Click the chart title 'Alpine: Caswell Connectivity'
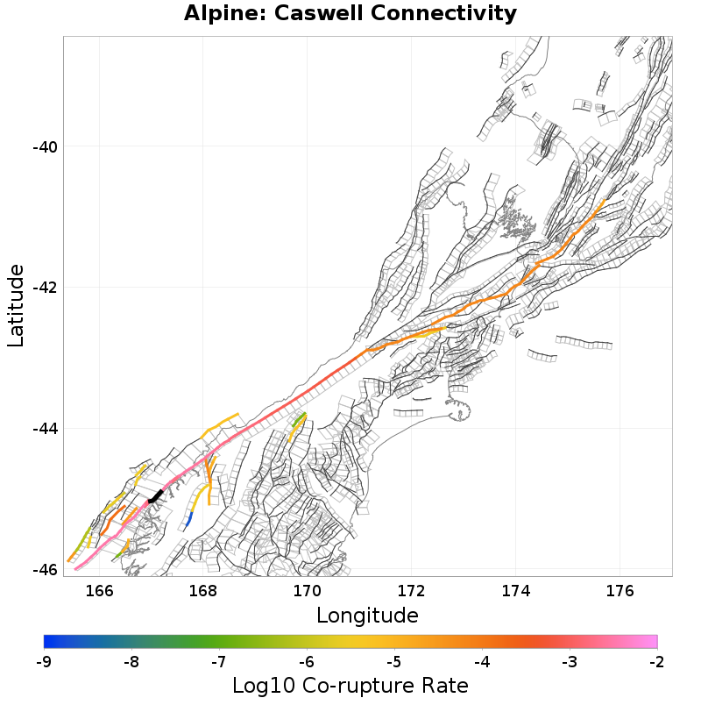(350, 14)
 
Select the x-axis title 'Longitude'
(367, 615)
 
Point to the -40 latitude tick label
(45, 146)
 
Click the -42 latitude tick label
(45, 288)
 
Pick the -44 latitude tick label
(45, 429)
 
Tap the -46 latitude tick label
(45, 570)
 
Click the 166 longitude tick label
(99, 590)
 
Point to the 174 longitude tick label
(515, 590)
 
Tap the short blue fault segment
(188, 519)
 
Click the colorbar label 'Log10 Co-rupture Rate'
(350, 685)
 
